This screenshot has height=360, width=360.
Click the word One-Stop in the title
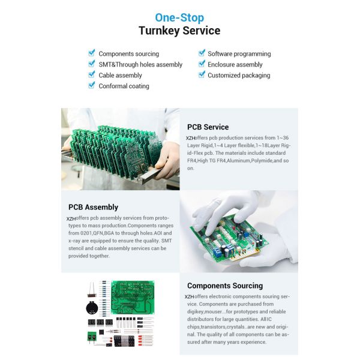click(x=179, y=17)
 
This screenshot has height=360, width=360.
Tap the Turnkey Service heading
click(x=179, y=31)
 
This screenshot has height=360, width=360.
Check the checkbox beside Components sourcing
click(x=92, y=53)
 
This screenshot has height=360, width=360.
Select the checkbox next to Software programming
click(x=202, y=53)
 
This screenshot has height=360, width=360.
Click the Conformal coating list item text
click(x=124, y=86)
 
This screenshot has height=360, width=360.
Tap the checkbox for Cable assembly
click(x=92, y=75)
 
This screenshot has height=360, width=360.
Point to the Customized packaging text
click(x=239, y=75)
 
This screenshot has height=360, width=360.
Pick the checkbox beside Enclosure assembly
click(x=202, y=64)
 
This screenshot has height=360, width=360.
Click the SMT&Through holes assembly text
click(x=140, y=64)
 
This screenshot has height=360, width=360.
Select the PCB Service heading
click(x=208, y=127)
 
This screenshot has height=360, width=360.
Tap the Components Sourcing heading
click(x=224, y=286)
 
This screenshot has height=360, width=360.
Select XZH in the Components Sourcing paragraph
click(x=190, y=296)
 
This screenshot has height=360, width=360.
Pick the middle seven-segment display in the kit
click(x=100, y=322)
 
